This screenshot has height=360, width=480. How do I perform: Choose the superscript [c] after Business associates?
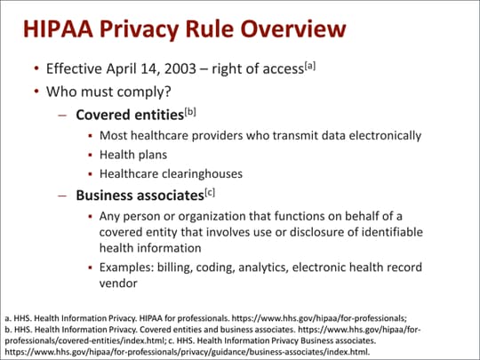pyautogui.click(x=211, y=191)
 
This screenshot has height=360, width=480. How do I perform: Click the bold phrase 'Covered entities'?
pyautogui.click(x=124, y=115)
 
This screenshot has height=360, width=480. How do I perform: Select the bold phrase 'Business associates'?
pyautogui.click(x=138, y=195)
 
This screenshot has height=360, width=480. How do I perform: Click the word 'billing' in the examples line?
pyautogui.click(x=185, y=268)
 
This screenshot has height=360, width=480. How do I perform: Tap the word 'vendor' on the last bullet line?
pyautogui.click(x=118, y=284)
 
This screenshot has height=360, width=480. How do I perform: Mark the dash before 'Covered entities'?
pyautogui.click(x=62, y=116)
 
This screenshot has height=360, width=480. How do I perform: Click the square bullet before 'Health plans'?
pyautogui.click(x=91, y=156)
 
